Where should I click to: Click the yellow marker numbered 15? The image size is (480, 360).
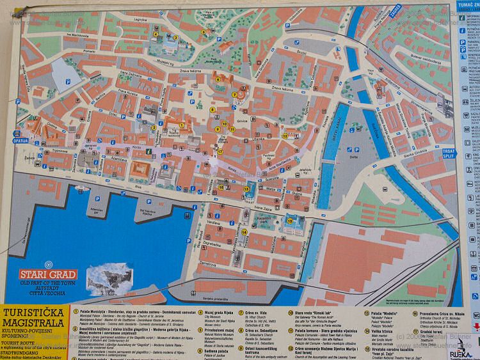coord(290,221)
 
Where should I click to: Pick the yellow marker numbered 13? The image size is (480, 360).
coord(246,189)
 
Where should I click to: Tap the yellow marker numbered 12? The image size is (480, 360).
coord(284,135)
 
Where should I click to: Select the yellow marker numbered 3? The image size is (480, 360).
coord(175,38)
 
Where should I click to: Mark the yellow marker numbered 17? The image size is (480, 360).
coord(220,152)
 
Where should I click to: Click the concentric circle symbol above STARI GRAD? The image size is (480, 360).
coord(47,263)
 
